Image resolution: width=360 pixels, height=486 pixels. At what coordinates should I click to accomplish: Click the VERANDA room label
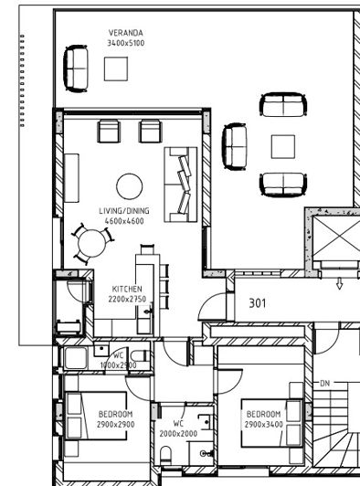pyautogui.click(x=125, y=33)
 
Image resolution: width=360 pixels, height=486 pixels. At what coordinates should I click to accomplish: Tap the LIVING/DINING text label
pyautogui.click(x=123, y=211)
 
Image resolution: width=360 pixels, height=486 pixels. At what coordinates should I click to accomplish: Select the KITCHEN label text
pyautogui.click(x=127, y=286)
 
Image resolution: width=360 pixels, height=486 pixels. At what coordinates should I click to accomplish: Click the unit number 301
pyautogui.click(x=258, y=303)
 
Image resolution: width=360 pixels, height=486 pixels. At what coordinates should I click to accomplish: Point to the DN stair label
pyautogui.click(x=324, y=382)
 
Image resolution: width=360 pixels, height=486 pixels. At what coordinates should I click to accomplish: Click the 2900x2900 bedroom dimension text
pyautogui.click(x=115, y=425)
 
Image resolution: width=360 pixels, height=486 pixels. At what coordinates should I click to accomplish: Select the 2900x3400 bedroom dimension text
pyautogui.click(x=264, y=425)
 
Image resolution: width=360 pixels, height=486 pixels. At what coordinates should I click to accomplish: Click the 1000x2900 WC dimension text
pyautogui.click(x=118, y=365)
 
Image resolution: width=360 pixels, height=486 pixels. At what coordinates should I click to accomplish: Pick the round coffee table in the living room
pyautogui.click(x=129, y=185)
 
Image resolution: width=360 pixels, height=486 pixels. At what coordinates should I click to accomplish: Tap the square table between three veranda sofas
pyautogui.click(x=283, y=145)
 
